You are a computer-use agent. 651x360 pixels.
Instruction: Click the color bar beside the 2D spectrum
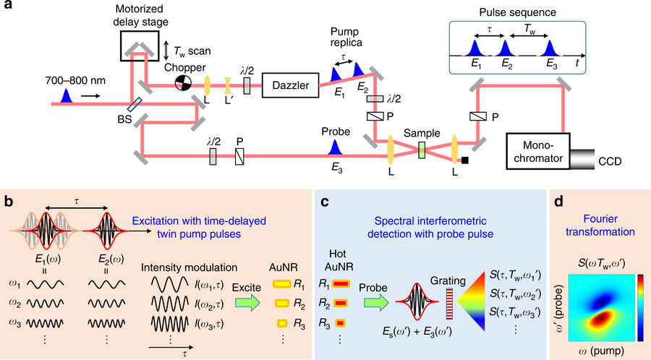tap(642, 296)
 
